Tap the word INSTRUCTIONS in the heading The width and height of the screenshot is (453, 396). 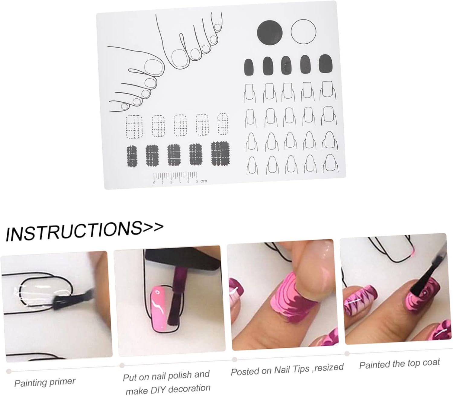click(x=72, y=231)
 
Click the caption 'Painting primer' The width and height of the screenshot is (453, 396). click(x=45, y=382)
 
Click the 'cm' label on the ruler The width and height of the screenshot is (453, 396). click(x=204, y=181)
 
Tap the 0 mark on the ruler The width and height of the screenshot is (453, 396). click(x=154, y=183)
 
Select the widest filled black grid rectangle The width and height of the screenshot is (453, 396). click(x=220, y=153)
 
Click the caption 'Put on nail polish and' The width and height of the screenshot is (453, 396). click(x=166, y=376)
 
